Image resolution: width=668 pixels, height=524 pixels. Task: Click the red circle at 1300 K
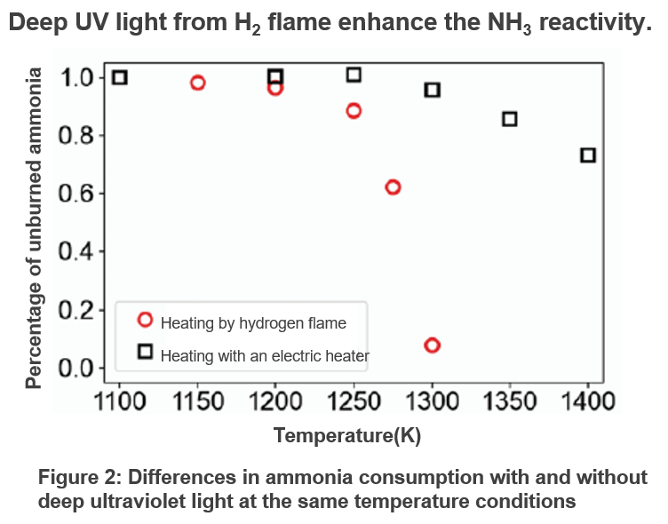tap(433, 345)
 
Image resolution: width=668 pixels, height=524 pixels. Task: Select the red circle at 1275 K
tap(393, 187)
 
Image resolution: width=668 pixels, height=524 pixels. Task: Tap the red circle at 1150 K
tap(197, 83)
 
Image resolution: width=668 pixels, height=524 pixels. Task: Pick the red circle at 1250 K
tap(354, 111)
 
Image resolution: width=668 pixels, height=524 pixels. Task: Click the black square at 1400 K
tap(588, 155)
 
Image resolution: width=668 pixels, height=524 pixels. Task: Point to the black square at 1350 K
tap(510, 119)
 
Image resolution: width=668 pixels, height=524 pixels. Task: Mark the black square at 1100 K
tap(120, 77)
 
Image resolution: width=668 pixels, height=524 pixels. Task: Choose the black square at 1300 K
tap(433, 90)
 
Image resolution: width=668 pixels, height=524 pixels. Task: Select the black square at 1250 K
tap(354, 75)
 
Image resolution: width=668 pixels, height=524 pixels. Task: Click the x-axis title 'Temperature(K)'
tap(347, 436)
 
